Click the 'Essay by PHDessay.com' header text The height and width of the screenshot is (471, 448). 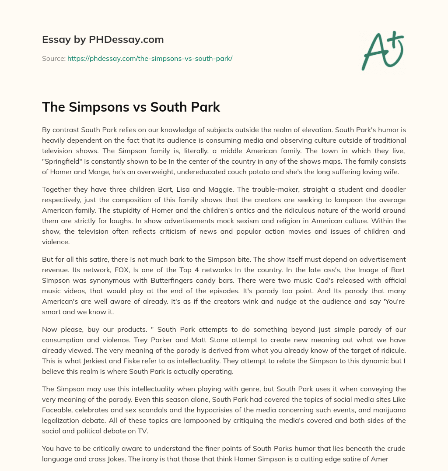pyautogui.click(x=103, y=40)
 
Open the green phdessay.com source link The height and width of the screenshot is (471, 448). pyautogui.click(x=150, y=58)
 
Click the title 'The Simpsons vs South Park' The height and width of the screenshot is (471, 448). pyautogui.click(x=131, y=107)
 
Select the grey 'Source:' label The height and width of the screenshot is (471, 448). pyautogui.click(x=54, y=58)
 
